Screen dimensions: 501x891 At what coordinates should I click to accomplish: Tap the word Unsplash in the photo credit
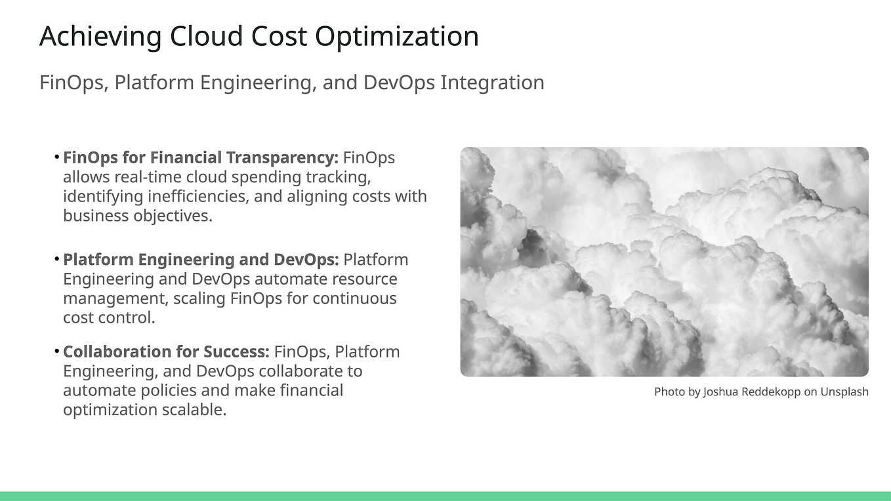(x=844, y=392)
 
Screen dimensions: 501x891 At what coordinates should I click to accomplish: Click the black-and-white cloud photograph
(x=664, y=262)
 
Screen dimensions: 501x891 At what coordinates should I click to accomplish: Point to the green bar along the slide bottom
(x=445, y=496)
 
